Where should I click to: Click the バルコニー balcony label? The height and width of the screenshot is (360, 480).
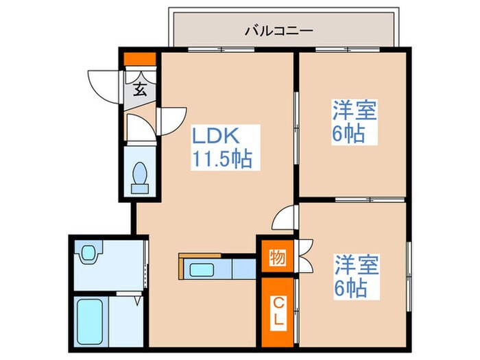(x=278, y=31)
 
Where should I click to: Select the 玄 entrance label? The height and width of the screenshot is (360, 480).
(x=140, y=88)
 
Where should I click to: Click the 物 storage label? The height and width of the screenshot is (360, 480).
(x=277, y=258)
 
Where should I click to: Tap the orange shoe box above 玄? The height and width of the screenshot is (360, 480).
(x=140, y=59)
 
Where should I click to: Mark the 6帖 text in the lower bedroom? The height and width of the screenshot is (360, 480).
(x=350, y=287)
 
